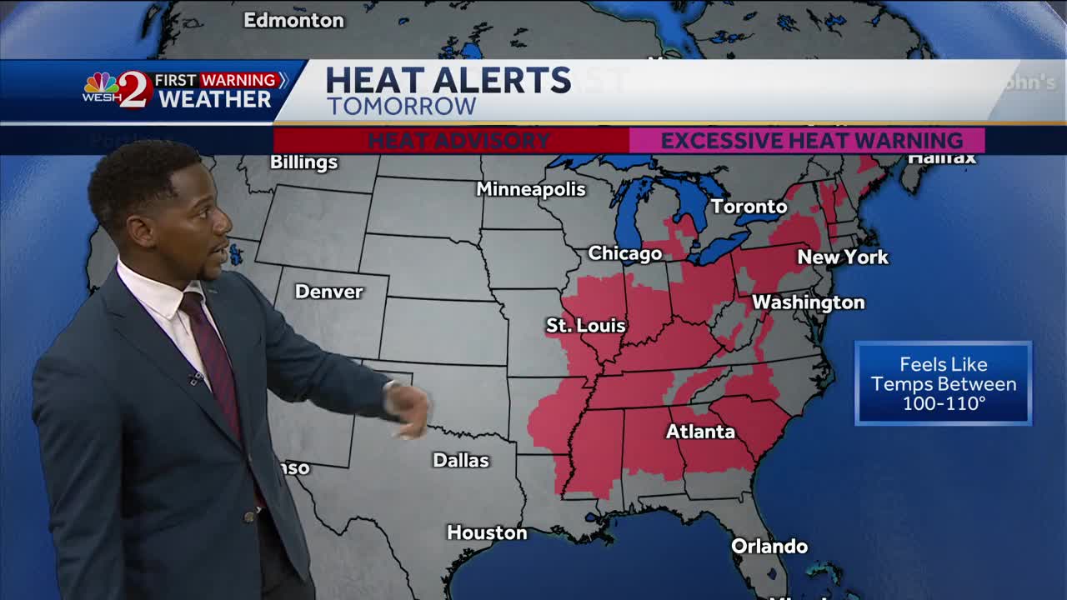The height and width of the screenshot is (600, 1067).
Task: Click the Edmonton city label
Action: pos(293,20)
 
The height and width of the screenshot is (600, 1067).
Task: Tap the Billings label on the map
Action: pos(303,162)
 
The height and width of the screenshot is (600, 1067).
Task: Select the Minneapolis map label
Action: pos(531,189)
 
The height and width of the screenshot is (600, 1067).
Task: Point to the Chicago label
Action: pos(624,253)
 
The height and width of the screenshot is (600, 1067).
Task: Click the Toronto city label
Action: pos(749,206)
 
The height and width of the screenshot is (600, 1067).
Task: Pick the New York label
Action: pos(843,257)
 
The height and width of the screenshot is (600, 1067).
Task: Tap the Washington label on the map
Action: pos(808,302)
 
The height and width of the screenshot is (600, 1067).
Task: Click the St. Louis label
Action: pos(585,325)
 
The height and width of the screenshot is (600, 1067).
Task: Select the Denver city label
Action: pos(328,292)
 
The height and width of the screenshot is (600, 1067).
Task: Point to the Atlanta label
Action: pos(700,431)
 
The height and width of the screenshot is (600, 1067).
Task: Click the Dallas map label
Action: pos(461,460)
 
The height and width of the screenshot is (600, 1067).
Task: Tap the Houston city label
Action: pos(487,532)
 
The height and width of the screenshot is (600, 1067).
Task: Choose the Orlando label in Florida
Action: pos(769,547)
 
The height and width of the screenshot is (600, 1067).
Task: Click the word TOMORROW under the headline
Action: pos(401,107)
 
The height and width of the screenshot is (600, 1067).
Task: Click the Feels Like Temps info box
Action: pos(943,383)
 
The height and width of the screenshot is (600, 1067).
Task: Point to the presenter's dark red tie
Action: pos(213,358)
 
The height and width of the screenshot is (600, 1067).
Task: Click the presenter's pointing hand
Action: pos(410,409)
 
